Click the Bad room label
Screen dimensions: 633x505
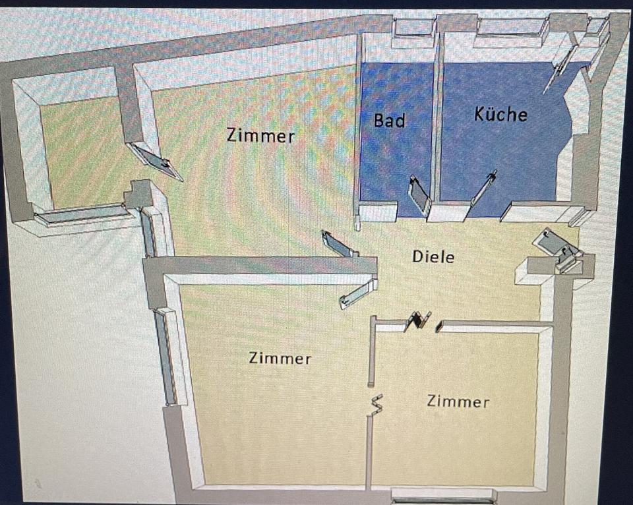389,121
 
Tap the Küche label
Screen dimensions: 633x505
500,114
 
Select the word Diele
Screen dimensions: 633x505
433,256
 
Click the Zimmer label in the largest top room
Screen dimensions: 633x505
260,136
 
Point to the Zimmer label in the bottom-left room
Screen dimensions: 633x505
280,359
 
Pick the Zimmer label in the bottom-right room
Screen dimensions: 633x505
458,401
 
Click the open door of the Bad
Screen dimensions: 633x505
419,195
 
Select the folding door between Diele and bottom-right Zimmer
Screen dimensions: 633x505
420,320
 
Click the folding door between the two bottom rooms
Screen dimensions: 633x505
377,404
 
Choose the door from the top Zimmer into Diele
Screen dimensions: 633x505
340,244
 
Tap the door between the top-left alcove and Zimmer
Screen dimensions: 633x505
155,160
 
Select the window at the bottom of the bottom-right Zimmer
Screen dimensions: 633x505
443,494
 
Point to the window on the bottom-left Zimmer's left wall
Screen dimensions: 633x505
166,355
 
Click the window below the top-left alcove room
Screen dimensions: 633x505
80,214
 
